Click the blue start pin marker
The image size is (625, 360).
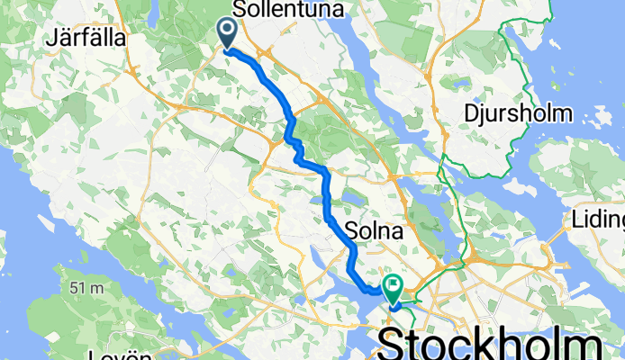coord(225,33)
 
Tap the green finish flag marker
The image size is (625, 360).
coord(394,287)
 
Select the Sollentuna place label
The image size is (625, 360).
coord(280,9)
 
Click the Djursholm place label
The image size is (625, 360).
coord(518,113)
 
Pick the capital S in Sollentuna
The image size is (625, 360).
coord(239,9)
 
